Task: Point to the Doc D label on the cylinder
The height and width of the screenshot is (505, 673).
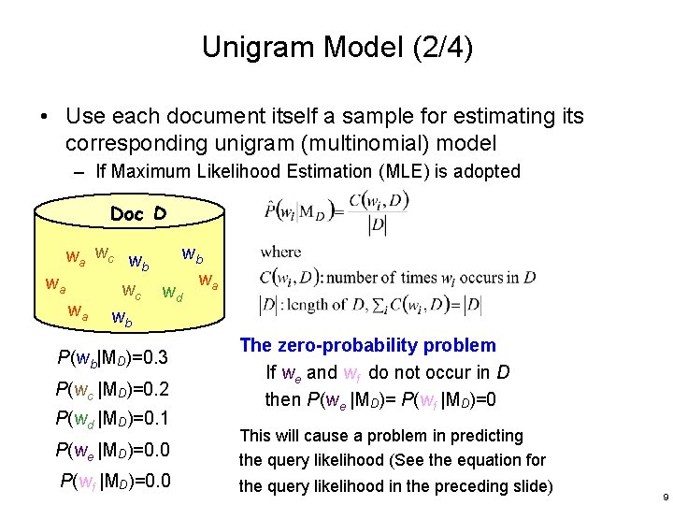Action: coord(137,214)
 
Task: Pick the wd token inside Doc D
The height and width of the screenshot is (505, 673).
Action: coord(172,294)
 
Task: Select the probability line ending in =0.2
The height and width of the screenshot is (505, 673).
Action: coord(112,390)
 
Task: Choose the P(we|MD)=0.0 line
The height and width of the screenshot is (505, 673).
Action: coord(112,450)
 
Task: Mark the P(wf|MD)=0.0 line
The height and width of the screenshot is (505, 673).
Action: coord(114,482)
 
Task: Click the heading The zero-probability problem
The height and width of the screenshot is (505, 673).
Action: coord(367,345)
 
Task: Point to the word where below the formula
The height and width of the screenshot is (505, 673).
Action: coord(281,251)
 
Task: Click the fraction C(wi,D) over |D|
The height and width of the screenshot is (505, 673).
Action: coord(378,212)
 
